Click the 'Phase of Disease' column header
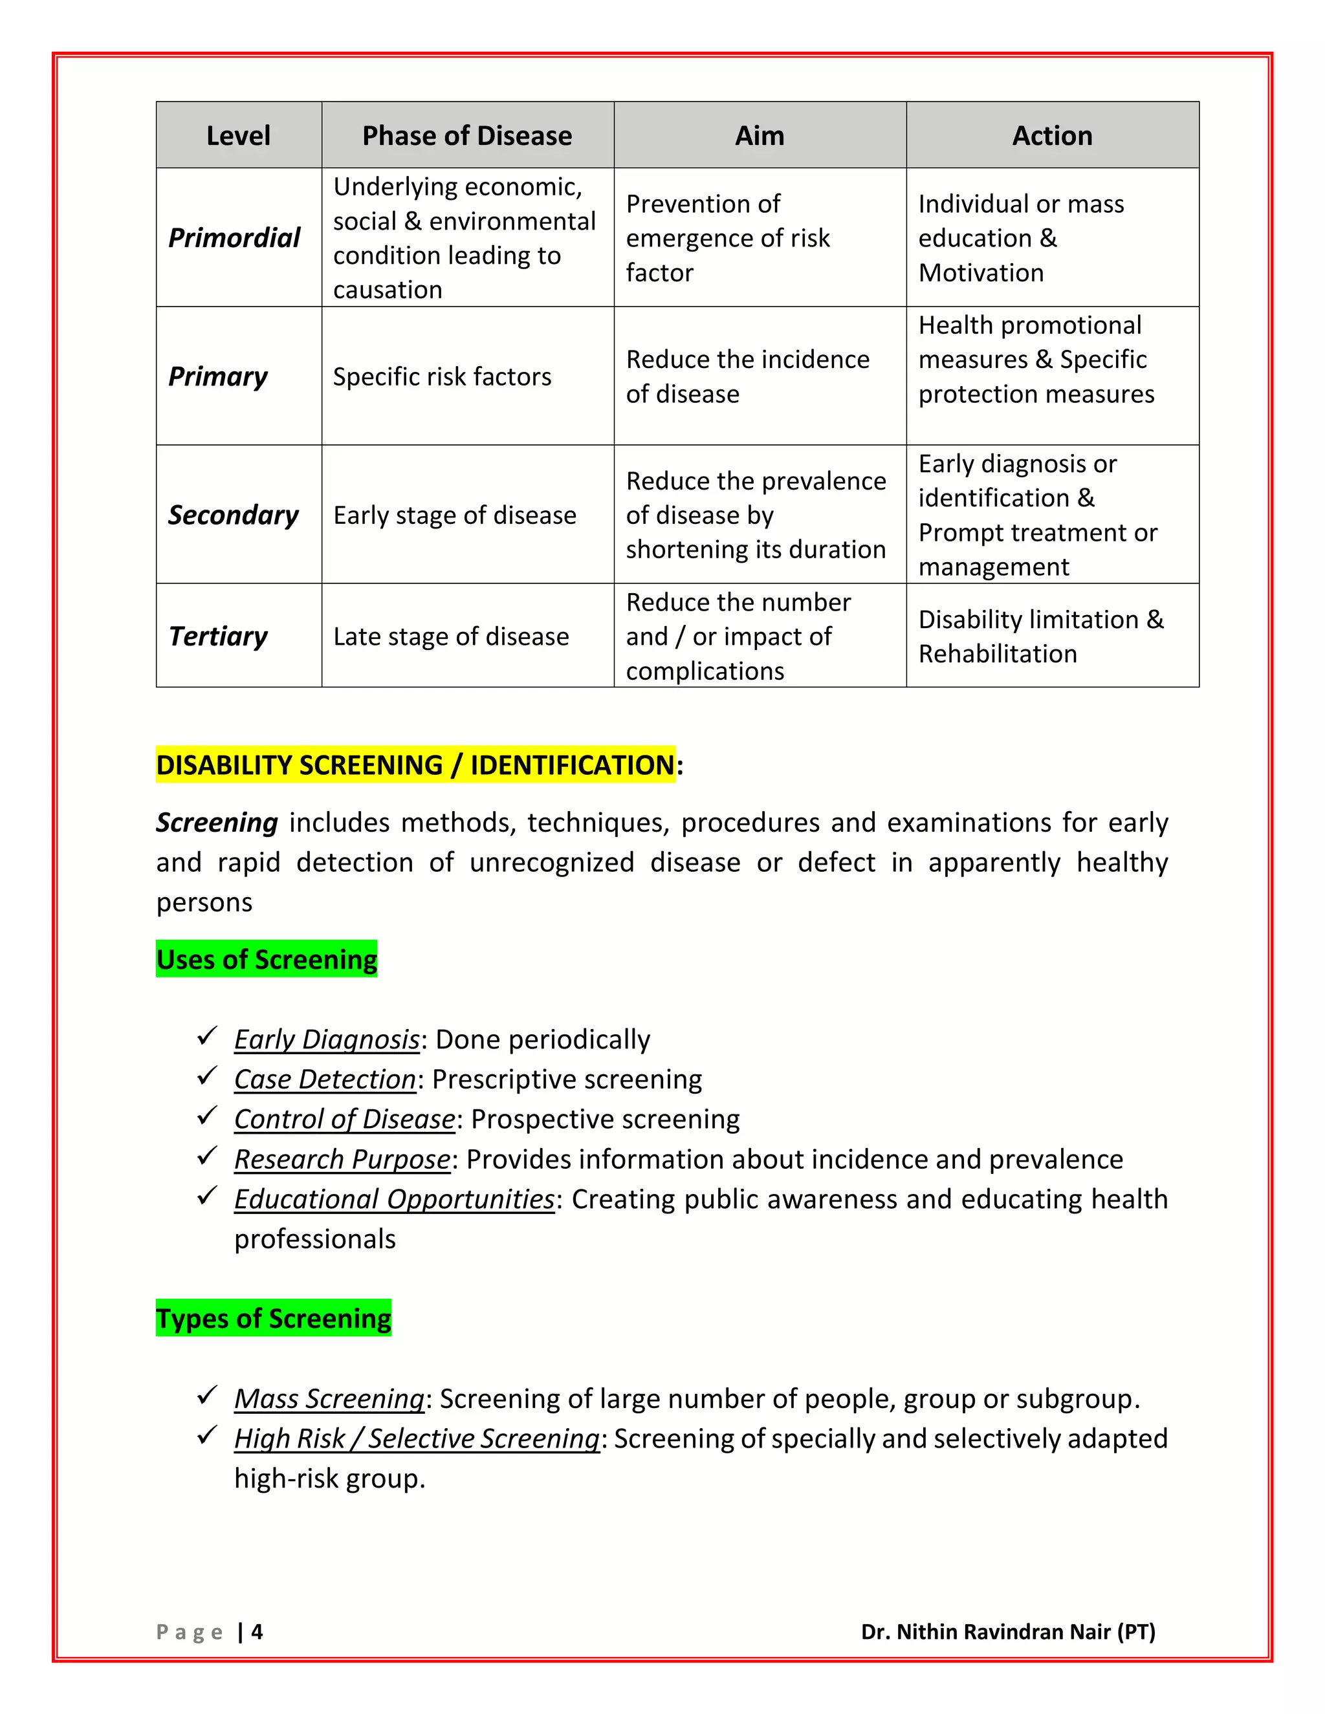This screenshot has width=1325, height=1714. (467, 136)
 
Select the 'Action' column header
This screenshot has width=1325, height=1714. (1052, 136)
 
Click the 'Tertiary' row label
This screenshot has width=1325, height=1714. (218, 636)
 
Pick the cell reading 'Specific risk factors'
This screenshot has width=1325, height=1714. (442, 376)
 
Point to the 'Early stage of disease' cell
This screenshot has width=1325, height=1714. (454, 515)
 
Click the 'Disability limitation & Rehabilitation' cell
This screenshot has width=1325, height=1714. (1041, 636)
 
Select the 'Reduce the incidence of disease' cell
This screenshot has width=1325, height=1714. (747, 376)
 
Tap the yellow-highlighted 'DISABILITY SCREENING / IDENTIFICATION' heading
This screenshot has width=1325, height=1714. (415, 765)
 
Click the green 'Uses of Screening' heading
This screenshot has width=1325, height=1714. (266, 959)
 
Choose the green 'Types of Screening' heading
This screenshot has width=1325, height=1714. (273, 1318)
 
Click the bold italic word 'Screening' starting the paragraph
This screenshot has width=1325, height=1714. (217, 823)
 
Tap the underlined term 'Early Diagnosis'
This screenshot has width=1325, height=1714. (327, 1039)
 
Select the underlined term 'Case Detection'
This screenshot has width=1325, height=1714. (325, 1079)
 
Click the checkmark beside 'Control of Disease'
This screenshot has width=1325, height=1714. (207, 1116)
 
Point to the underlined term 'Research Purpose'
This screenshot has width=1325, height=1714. (342, 1159)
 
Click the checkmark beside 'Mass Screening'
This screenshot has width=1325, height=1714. (207, 1395)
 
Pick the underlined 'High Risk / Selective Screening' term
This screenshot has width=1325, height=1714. (417, 1438)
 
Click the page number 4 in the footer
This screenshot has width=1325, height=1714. (257, 1632)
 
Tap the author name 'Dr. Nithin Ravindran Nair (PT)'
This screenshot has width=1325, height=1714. (1008, 1632)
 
